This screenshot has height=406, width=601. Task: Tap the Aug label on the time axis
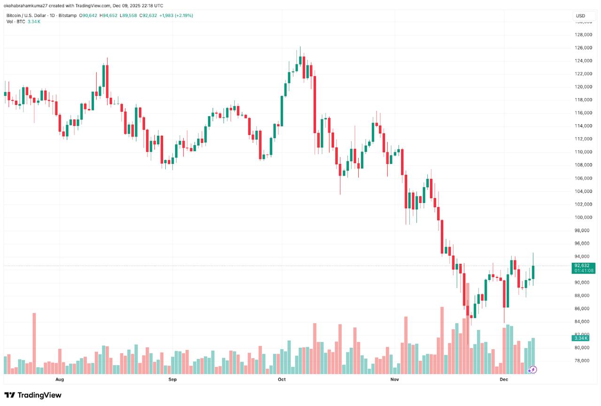[60, 379]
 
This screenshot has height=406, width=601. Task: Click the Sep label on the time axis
[172, 379]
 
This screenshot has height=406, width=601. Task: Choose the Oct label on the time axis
[282, 379]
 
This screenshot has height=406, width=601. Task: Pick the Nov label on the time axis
[394, 379]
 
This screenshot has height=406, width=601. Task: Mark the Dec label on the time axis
[504, 379]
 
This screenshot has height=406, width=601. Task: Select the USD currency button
[580, 16]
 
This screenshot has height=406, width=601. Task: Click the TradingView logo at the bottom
[33, 395]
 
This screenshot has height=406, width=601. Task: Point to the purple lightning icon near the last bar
[533, 370]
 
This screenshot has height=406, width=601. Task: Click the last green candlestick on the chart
[533, 272]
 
